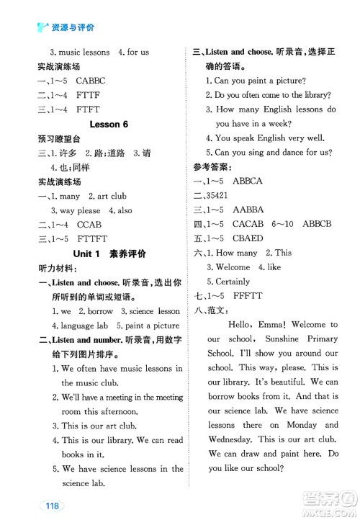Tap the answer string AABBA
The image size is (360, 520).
coord(248,210)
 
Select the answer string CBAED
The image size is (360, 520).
coord(248,238)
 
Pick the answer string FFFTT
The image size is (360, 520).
coord(247,296)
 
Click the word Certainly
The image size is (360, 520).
coord(233,282)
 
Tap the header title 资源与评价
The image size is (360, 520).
coord(73,27)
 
